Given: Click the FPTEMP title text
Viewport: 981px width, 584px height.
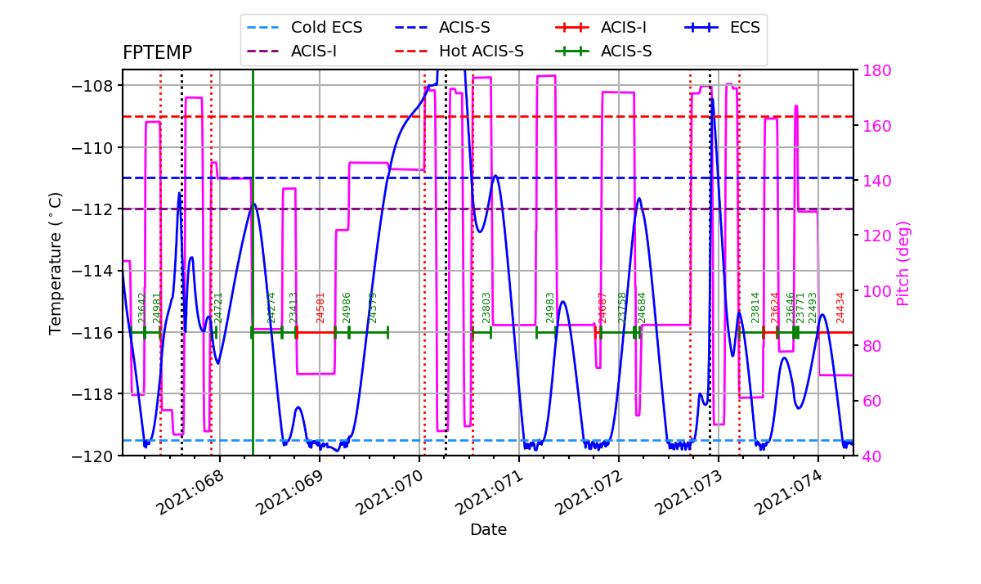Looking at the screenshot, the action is click(157, 53).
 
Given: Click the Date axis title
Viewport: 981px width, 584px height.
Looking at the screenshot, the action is click(488, 530).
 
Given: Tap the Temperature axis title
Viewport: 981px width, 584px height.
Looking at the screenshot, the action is click(56, 263).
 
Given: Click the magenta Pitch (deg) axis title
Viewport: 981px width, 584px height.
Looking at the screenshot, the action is click(903, 263).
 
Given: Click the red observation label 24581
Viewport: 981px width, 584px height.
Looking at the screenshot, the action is click(320, 308).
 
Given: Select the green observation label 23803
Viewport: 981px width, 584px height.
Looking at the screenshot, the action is click(486, 308).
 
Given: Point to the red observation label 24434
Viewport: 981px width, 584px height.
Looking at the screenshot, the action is click(840, 308).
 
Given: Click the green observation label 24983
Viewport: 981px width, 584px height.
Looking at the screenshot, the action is click(550, 308).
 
